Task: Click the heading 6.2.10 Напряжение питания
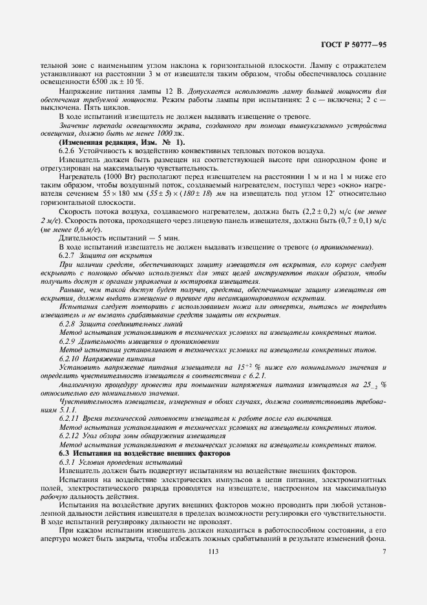(x=107, y=358)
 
